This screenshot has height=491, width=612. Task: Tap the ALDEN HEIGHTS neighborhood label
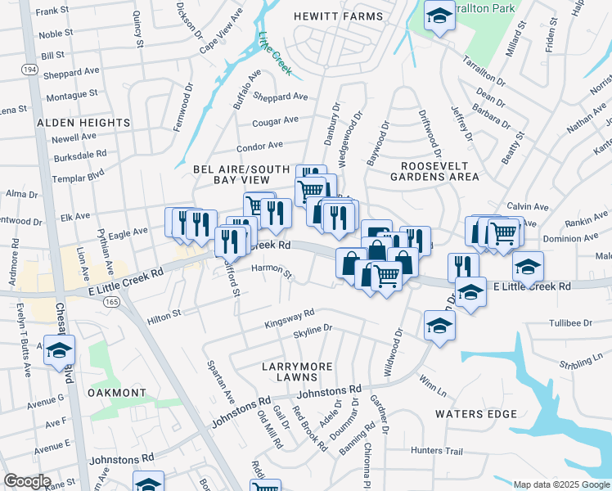tap(83, 123)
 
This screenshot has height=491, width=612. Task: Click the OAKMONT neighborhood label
tap(119, 393)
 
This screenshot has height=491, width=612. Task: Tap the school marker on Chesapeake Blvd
tap(59, 350)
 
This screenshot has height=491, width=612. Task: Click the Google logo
tap(27, 480)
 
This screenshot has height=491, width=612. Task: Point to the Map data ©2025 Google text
tap(560, 484)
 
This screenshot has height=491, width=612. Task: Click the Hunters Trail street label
tap(437, 451)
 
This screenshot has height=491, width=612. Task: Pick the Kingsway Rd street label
tap(290, 318)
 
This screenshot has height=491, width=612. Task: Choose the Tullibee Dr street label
tap(570, 323)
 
